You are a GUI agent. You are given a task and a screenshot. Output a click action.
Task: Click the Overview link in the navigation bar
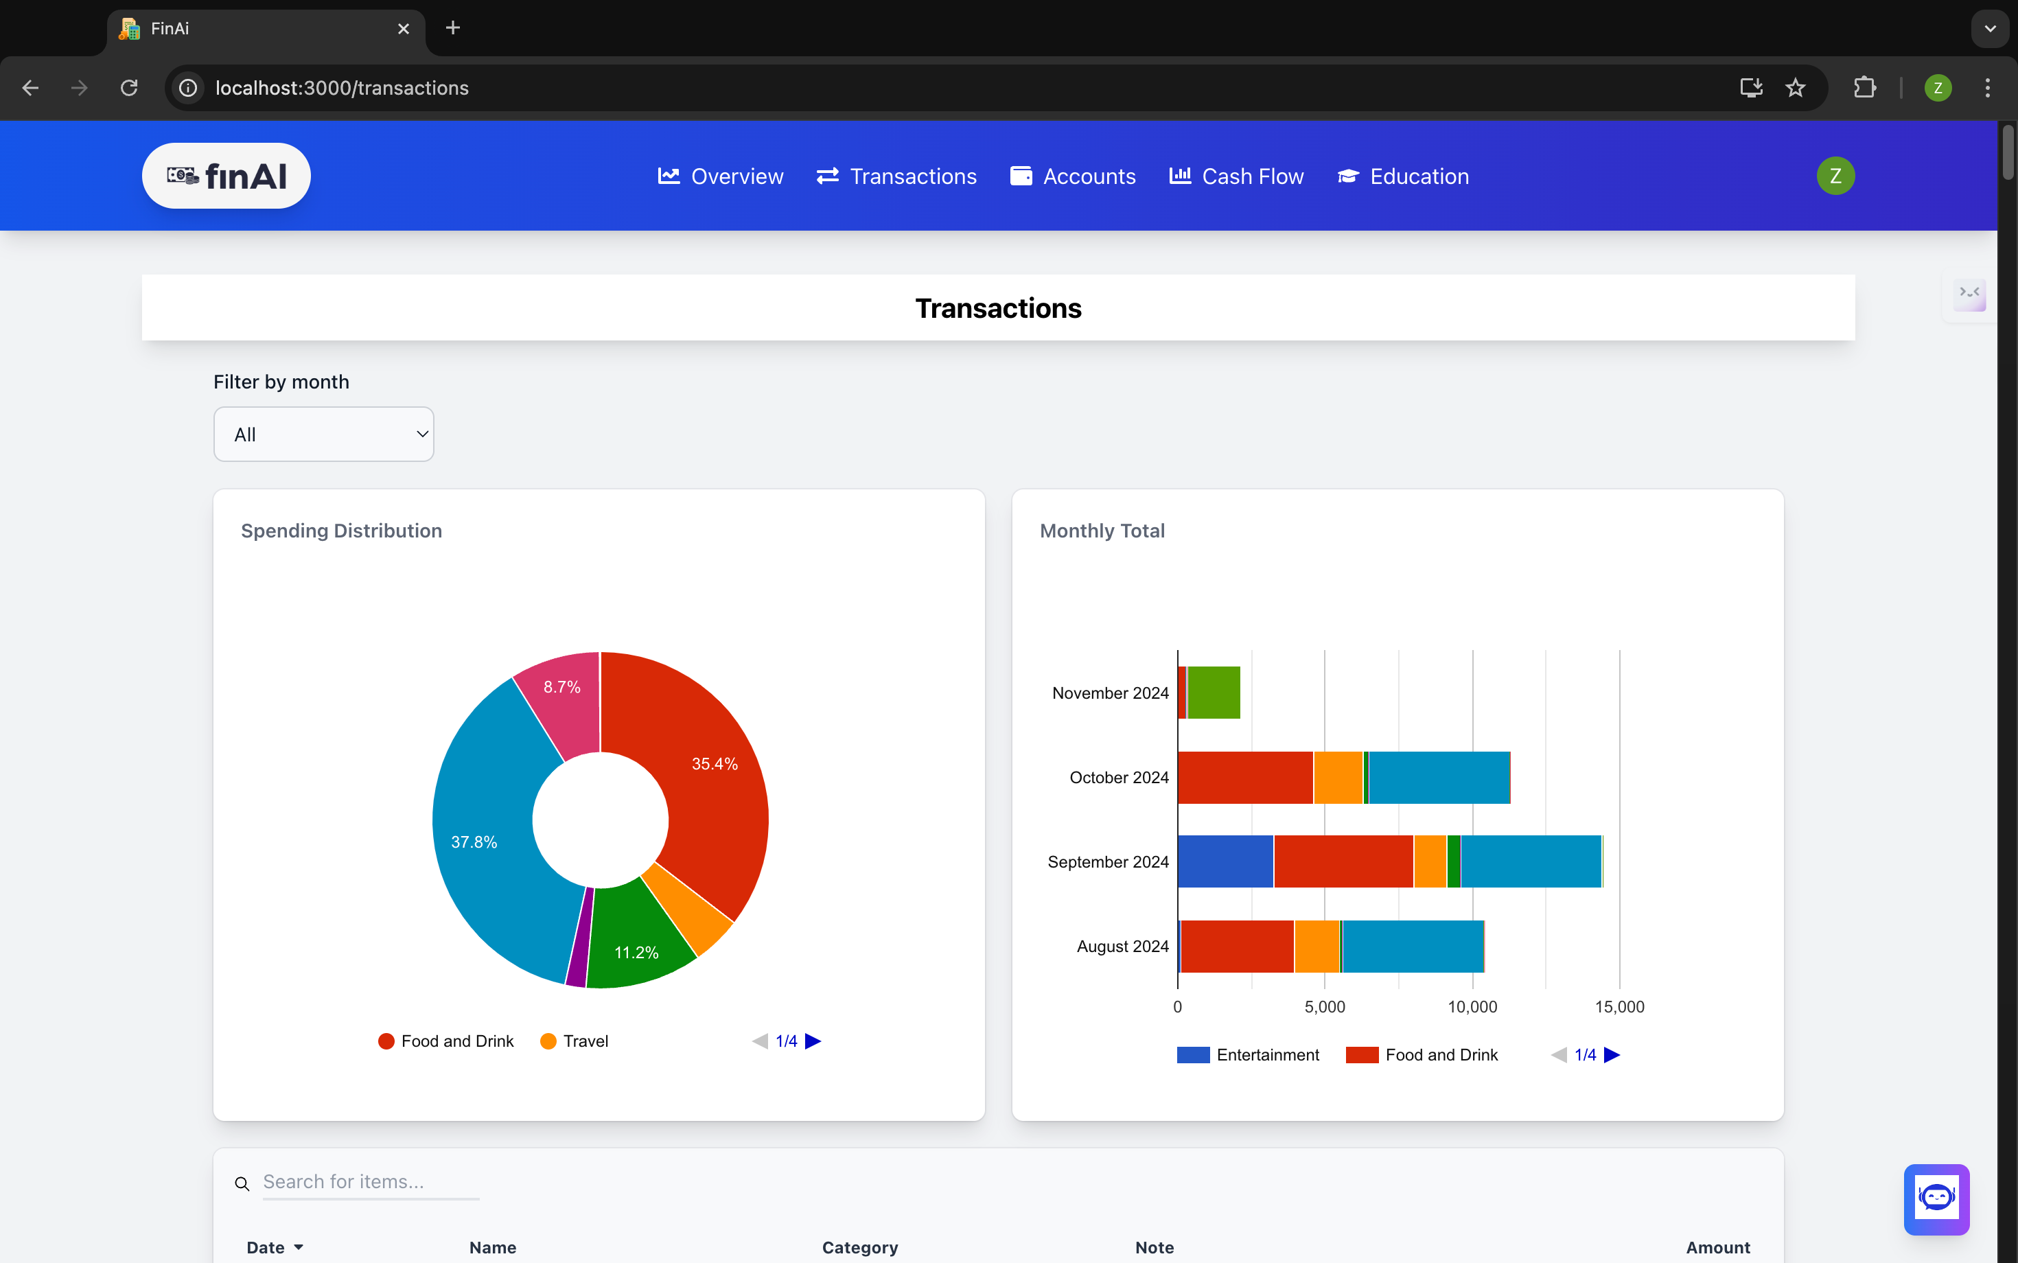(x=721, y=176)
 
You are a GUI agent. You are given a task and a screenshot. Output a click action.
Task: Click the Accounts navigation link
(x=1074, y=176)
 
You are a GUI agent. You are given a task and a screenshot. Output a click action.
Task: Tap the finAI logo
(x=227, y=176)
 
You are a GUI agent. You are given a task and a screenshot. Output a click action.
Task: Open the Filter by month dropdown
(x=324, y=434)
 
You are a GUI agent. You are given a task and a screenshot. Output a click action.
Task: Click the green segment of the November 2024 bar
(x=1214, y=693)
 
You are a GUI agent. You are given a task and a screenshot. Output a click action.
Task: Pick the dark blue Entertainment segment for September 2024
(x=1225, y=861)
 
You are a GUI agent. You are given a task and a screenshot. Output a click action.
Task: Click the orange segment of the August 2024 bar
(x=1317, y=947)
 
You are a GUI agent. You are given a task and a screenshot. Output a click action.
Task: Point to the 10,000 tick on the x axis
(x=1472, y=1006)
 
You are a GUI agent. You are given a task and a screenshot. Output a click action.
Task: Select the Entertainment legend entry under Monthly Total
(x=1249, y=1055)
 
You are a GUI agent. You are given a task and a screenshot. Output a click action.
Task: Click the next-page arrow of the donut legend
(x=813, y=1041)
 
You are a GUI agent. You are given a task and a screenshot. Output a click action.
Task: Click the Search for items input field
(x=371, y=1182)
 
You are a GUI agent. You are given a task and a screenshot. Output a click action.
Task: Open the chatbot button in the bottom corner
(x=1936, y=1198)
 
